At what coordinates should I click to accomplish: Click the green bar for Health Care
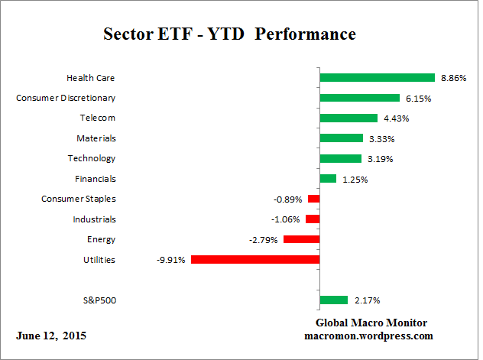point(377,77)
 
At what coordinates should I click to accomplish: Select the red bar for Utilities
point(254,259)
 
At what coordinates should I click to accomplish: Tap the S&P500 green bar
point(333,300)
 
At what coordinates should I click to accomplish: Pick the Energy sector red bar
point(301,239)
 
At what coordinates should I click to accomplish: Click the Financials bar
point(328,178)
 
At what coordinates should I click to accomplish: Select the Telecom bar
point(348,118)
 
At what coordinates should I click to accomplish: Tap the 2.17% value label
point(365,300)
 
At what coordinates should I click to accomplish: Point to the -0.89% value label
point(288,199)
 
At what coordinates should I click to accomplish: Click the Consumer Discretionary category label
point(66,98)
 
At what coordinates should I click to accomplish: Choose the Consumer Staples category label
point(78,199)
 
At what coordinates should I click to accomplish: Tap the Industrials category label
point(96,219)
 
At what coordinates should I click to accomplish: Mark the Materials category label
point(96,138)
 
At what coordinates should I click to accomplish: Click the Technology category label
point(92,158)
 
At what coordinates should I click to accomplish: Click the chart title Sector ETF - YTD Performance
point(229,35)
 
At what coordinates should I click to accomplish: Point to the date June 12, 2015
point(50,336)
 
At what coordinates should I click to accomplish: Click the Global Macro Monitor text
point(371,323)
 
